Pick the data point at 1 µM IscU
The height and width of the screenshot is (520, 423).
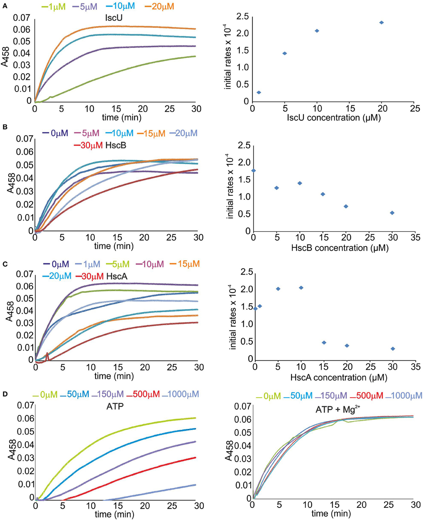coord(259,92)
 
